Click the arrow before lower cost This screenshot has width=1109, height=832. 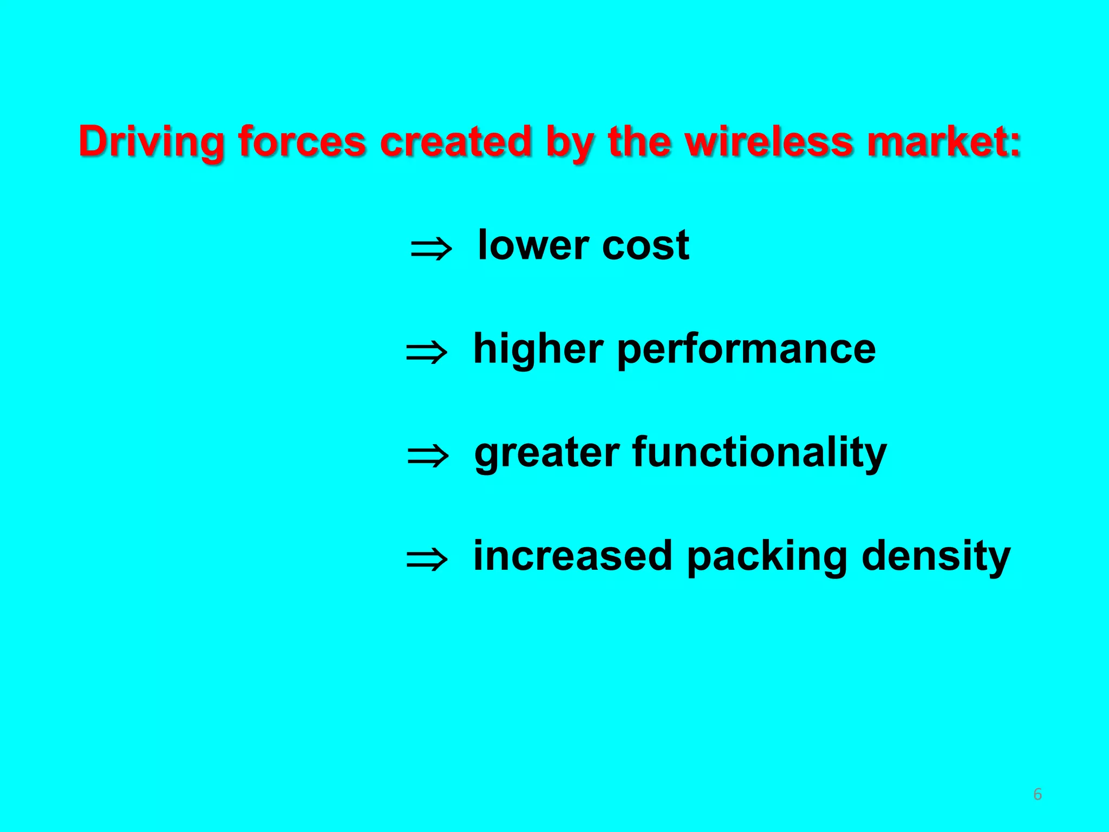431,250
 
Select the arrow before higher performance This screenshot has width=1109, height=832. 427,353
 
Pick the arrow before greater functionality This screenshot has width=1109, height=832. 428,456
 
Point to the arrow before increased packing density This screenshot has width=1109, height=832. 427,560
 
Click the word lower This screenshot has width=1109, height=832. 533,245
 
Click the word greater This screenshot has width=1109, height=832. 547,453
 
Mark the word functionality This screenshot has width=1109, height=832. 760,453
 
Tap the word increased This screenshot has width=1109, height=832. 573,556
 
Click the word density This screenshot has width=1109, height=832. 936,557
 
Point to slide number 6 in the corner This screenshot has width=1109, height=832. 1038,795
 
